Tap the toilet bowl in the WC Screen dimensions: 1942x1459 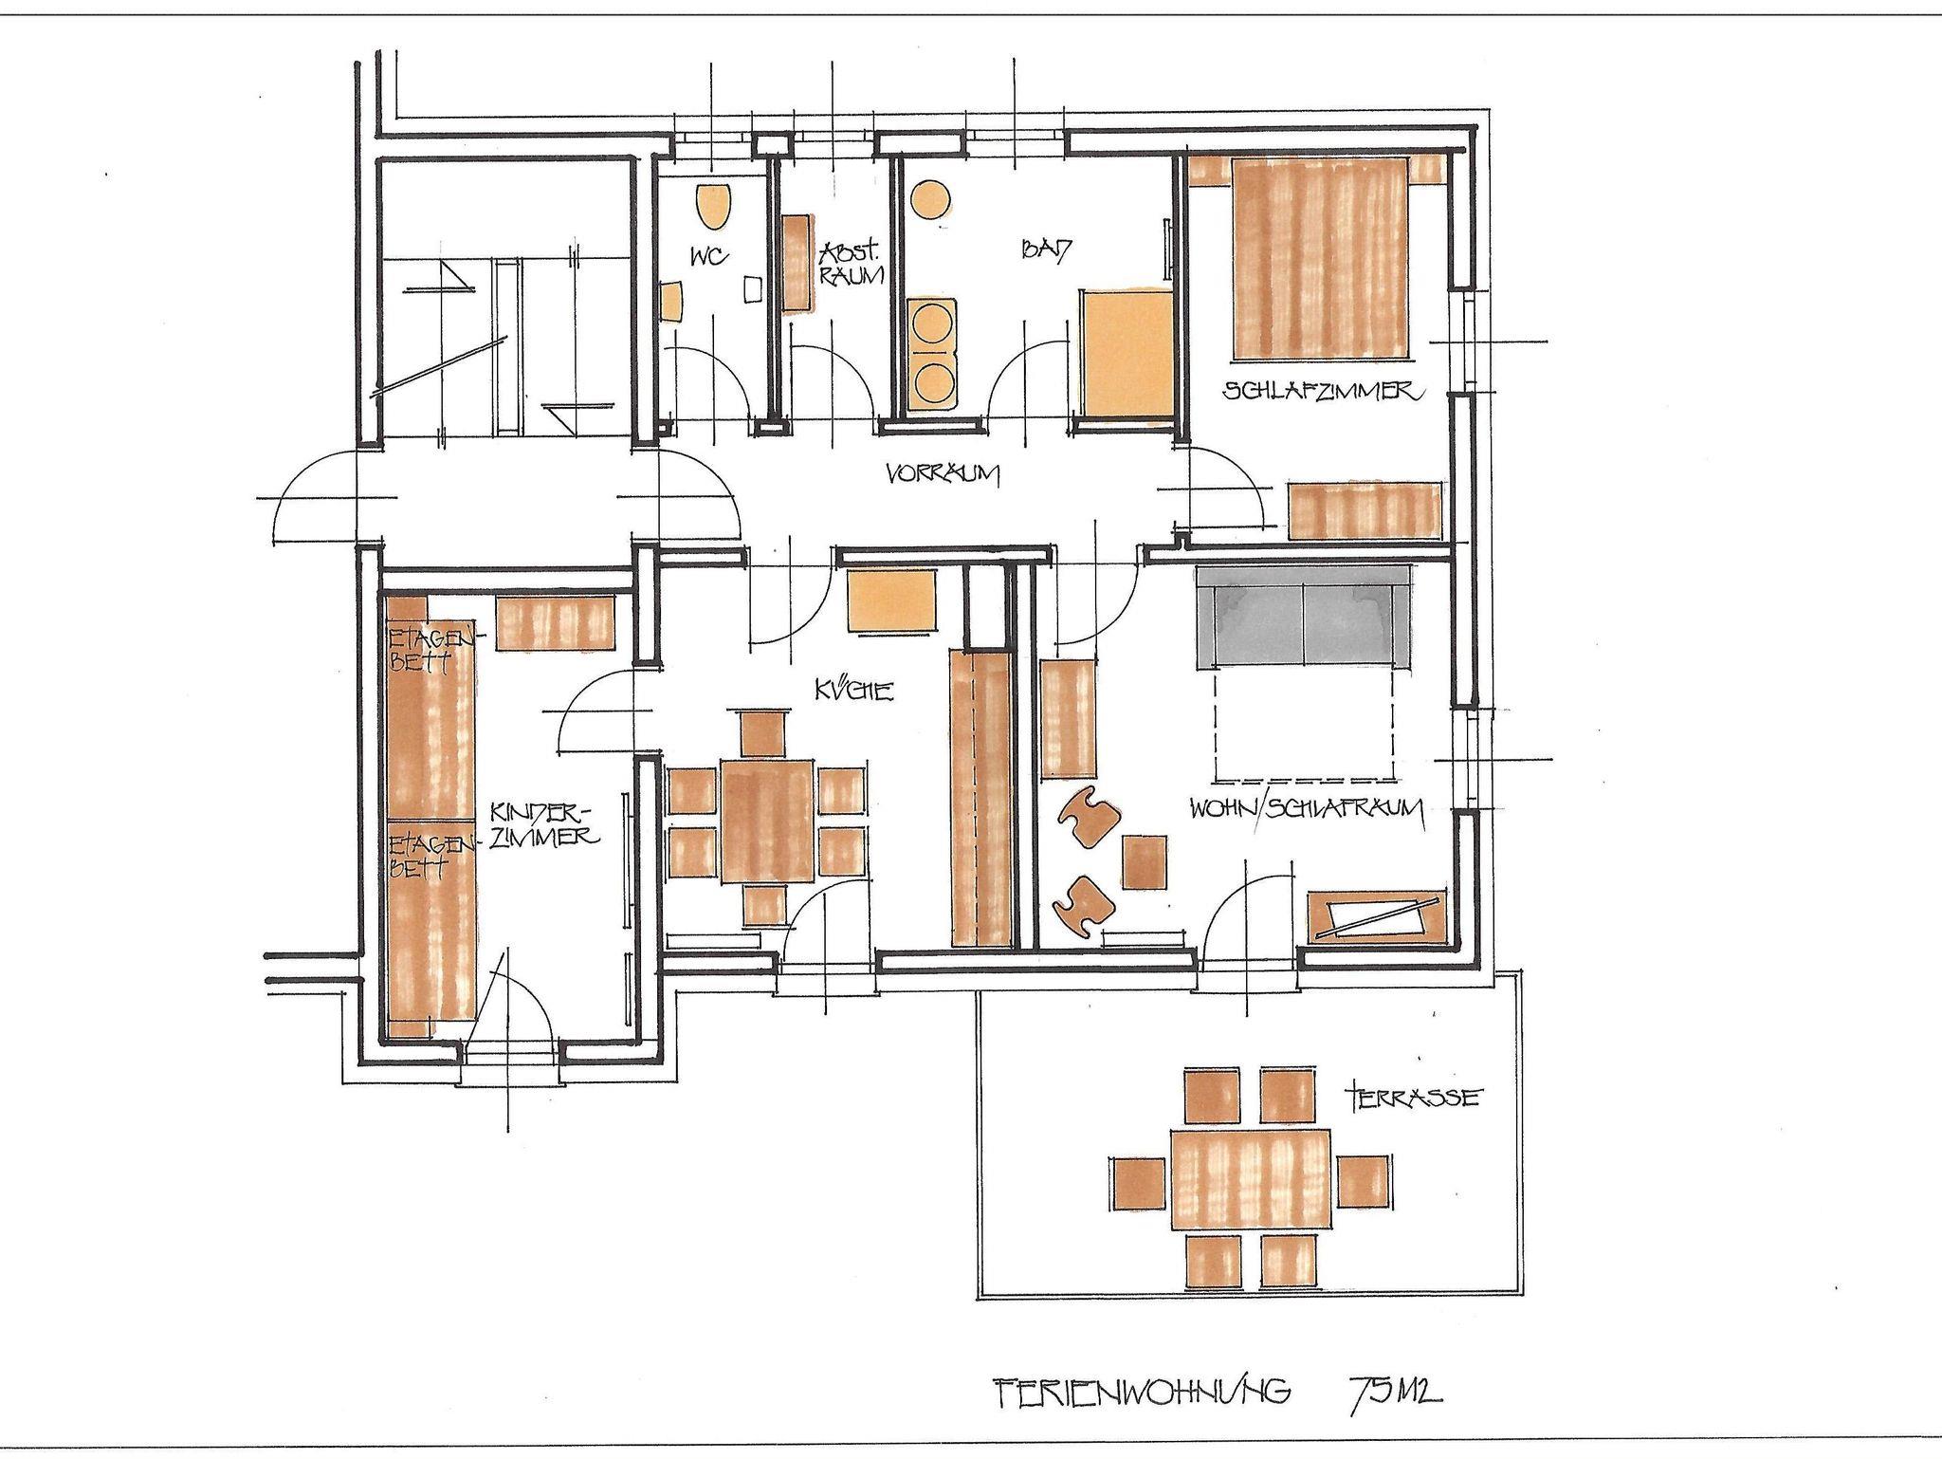pos(715,206)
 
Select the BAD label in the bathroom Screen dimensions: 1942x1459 pos(1046,251)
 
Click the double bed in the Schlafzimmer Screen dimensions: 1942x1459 pos(1319,259)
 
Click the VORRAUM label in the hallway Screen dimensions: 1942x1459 pos(944,474)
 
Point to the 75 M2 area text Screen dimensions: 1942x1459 pos(1395,1392)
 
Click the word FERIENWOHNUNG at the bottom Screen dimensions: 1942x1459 pos(1143,1393)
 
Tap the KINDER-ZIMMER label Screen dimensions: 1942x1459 pos(542,825)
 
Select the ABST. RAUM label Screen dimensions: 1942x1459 pos(852,265)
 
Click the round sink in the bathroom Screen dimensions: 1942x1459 pos(929,198)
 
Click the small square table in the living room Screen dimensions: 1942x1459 pos(1145,860)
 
